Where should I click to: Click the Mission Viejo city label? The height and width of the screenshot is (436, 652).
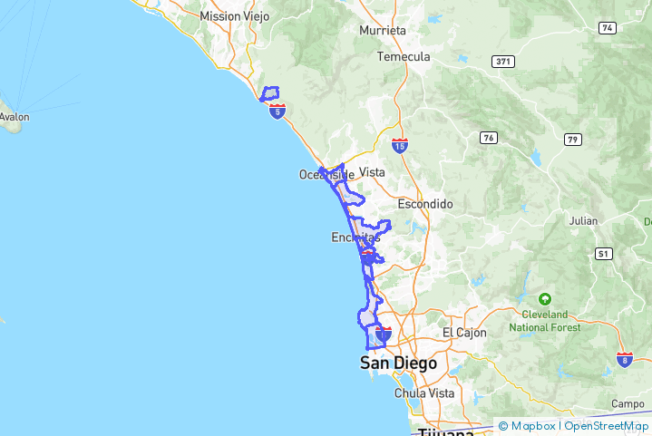(x=234, y=16)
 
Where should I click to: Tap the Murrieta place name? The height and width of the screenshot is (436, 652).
(x=383, y=30)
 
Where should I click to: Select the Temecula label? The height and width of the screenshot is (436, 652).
(x=404, y=56)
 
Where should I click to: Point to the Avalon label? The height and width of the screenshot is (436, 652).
(x=14, y=117)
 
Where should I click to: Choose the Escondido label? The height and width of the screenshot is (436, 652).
(x=424, y=204)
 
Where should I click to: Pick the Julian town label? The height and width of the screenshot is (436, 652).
(x=583, y=220)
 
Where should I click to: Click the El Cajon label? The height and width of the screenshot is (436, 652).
(x=464, y=333)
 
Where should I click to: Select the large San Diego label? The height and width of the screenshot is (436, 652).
(x=398, y=363)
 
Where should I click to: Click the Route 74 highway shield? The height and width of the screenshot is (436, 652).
(x=607, y=28)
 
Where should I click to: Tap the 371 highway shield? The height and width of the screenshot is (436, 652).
(x=503, y=62)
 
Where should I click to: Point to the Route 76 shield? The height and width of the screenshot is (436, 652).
(x=489, y=138)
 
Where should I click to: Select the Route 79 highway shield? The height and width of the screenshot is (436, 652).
(x=572, y=139)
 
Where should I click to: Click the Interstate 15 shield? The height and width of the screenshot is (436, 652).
(x=400, y=145)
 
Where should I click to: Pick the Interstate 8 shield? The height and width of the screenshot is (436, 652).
(x=625, y=360)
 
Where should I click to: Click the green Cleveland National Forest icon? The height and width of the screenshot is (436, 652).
(x=545, y=298)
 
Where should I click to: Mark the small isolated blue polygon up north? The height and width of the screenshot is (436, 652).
(x=269, y=92)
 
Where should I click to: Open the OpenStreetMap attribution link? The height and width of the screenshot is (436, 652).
(x=607, y=425)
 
